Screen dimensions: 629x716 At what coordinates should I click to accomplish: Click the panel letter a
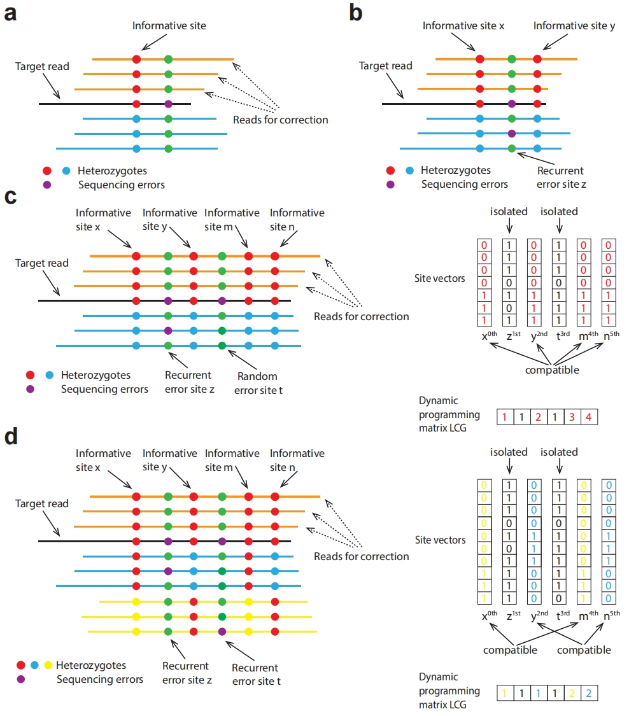pyautogui.click(x=11, y=13)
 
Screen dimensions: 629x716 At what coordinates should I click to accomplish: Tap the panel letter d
pyautogui.click(x=11, y=436)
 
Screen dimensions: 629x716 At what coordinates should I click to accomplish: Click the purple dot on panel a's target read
pyautogui.click(x=169, y=104)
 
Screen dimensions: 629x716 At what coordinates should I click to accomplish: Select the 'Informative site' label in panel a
pyautogui.click(x=169, y=25)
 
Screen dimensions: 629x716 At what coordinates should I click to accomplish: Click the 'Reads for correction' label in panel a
pyautogui.click(x=281, y=120)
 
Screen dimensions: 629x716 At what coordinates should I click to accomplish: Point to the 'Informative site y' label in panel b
pyautogui.click(x=574, y=26)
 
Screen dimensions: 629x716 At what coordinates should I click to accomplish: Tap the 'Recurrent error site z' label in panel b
pyautogui.click(x=561, y=177)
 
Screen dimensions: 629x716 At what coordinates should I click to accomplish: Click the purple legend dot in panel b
pyautogui.click(x=390, y=185)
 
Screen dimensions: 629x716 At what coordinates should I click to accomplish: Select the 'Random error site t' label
pyautogui.click(x=258, y=383)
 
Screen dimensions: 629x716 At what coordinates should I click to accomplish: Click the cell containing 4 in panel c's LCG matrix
pyautogui.click(x=589, y=416)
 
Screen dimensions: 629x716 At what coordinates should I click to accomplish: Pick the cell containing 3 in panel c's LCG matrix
pyautogui.click(x=572, y=416)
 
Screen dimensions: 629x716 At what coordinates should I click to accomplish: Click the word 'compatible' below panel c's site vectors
pyautogui.click(x=552, y=370)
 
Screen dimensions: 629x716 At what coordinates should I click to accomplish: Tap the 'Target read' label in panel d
pyautogui.click(x=41, y=503)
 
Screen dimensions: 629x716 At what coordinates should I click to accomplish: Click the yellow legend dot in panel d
pyautogui.click(x=48, y=665)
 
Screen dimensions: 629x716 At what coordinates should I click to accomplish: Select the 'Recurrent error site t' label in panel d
pyautogui.click(x=256, y=675)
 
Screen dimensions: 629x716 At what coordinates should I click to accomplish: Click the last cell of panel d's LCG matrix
pyautogui.click(x=589, y=693)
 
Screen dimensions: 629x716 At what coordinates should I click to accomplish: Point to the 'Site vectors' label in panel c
pyautogui.click(x=439, y=278)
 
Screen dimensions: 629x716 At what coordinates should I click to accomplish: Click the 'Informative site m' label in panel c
pyautogui.click(x=232, y=220)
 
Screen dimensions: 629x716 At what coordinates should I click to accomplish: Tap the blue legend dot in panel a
pyautogui.click(x=66, y=171)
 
